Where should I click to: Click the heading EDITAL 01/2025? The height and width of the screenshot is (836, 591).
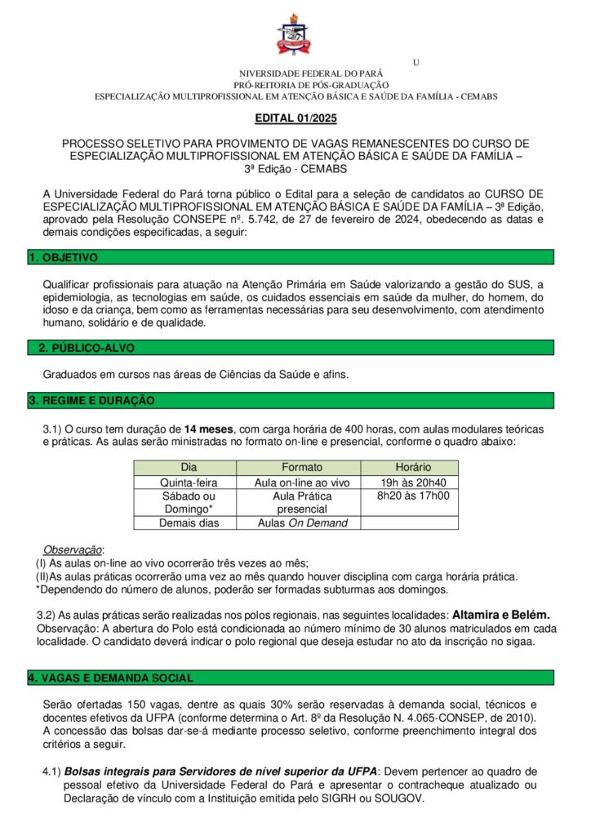click(295, 118)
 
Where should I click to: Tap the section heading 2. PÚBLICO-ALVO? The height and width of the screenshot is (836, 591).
click(87, 348)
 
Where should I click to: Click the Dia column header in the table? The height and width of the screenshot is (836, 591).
click(189, 468)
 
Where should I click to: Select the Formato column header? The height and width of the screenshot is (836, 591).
click(301, 468)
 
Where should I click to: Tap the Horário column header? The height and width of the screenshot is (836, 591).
click(413, 468)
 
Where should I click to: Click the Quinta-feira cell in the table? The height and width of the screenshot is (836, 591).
click(189, 482)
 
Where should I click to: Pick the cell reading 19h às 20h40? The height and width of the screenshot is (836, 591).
click(413, 482)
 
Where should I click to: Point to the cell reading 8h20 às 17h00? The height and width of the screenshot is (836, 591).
click(413, 496)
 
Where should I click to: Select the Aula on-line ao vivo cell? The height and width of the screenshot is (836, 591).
click(301, 482)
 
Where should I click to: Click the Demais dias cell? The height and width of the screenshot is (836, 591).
click(189, 522)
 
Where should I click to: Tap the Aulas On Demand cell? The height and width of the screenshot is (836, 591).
click(301, 522)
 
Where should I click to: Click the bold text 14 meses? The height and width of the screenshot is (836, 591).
click(209, 429)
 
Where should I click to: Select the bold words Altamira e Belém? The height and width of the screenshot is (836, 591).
click(501, 613)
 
